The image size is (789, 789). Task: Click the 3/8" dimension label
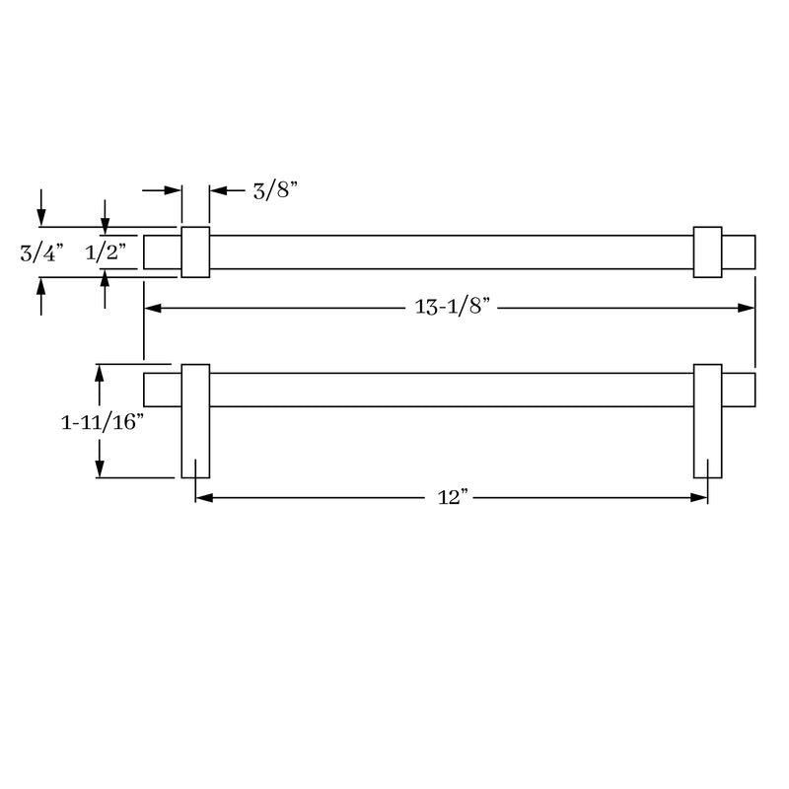click(275, 190)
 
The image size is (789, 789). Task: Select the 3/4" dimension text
click(41, 252)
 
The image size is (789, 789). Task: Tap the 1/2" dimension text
click(106, 252)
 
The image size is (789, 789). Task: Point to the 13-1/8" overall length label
click(452, 307)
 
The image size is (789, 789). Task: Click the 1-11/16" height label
click(103, 422)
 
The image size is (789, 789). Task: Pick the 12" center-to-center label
click(453, 498)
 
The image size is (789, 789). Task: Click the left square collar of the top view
click(195, 252)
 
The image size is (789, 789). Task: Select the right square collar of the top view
click(707, 252)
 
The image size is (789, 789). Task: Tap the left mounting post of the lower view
click(195, 421)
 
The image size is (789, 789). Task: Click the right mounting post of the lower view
click(707, 421)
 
